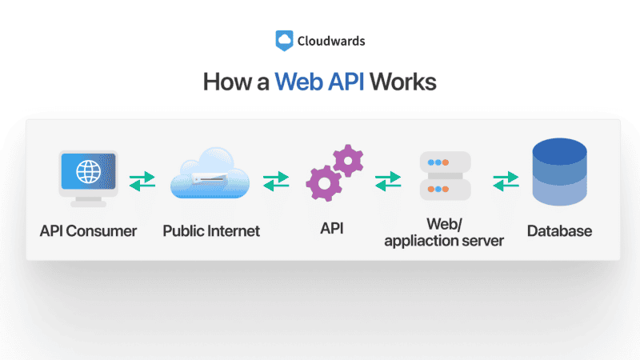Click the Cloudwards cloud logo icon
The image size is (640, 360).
tap(284, 40)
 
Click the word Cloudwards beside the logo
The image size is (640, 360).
tap(330, 40)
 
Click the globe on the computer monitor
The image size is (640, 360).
tap(88, 171)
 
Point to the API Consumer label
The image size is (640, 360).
tap(88, 231)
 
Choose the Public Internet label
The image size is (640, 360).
tap(211, 231)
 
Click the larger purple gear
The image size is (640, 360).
tap(324, 184)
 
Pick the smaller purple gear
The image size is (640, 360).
tap(348, 161)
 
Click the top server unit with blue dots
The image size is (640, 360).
tap(446, 162)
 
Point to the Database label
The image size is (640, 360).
tap(560, 231)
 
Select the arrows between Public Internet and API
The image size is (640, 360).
tap(276, 180)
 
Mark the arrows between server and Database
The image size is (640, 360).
tap(506, 180)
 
